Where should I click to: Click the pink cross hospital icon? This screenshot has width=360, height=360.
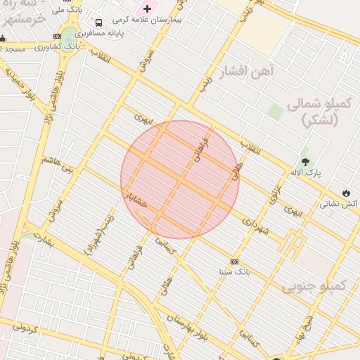click(x=147, y=8)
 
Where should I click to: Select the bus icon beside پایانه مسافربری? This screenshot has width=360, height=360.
click(x=98, y=22)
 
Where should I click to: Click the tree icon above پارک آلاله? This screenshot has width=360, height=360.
click(x=304, y=153)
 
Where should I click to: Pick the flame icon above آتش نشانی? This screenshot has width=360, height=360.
click(x=346, y=192)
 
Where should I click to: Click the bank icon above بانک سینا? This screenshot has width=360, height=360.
click(x=234, y=262)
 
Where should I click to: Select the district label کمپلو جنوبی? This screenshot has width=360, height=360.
click(x=314, y=286)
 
